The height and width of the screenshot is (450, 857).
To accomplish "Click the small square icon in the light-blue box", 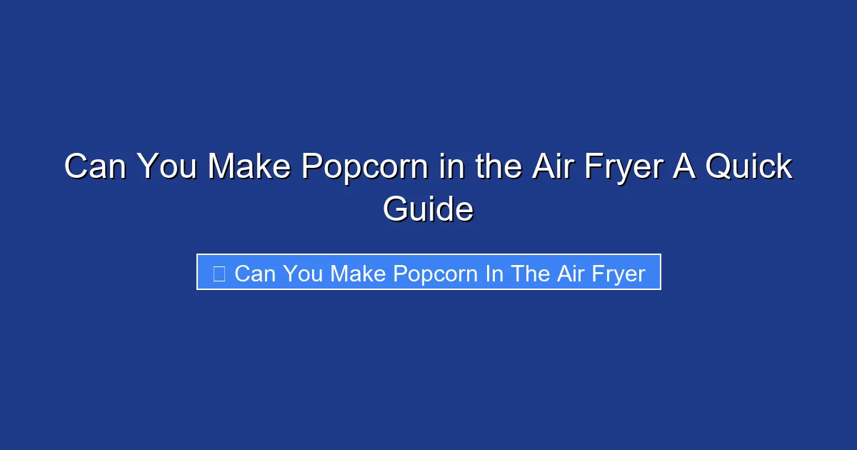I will [219, 273].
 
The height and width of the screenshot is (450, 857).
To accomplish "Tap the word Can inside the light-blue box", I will [254, 273].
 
